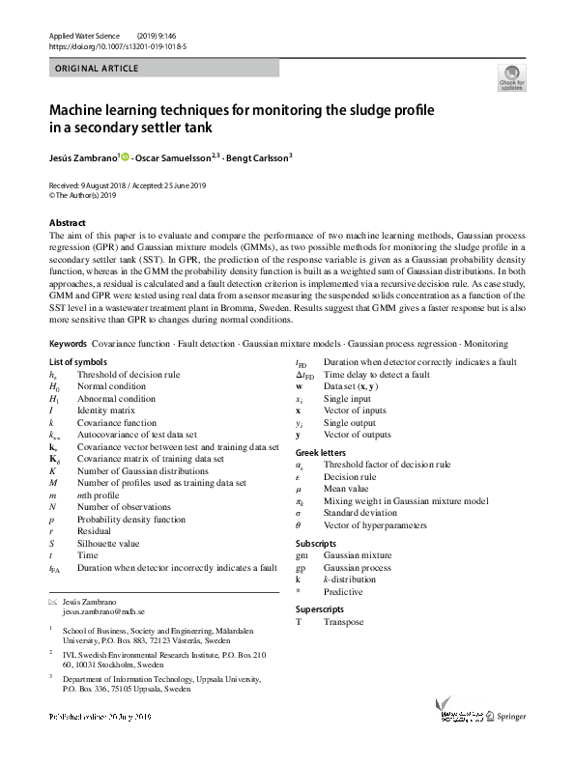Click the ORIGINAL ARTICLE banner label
tap(97, 69)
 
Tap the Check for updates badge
tap(510, 77)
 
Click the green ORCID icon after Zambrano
tap(126, 156)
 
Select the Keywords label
tap(70, 343)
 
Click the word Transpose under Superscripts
tap(344, 622)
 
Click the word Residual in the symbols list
tap(94, 531)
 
